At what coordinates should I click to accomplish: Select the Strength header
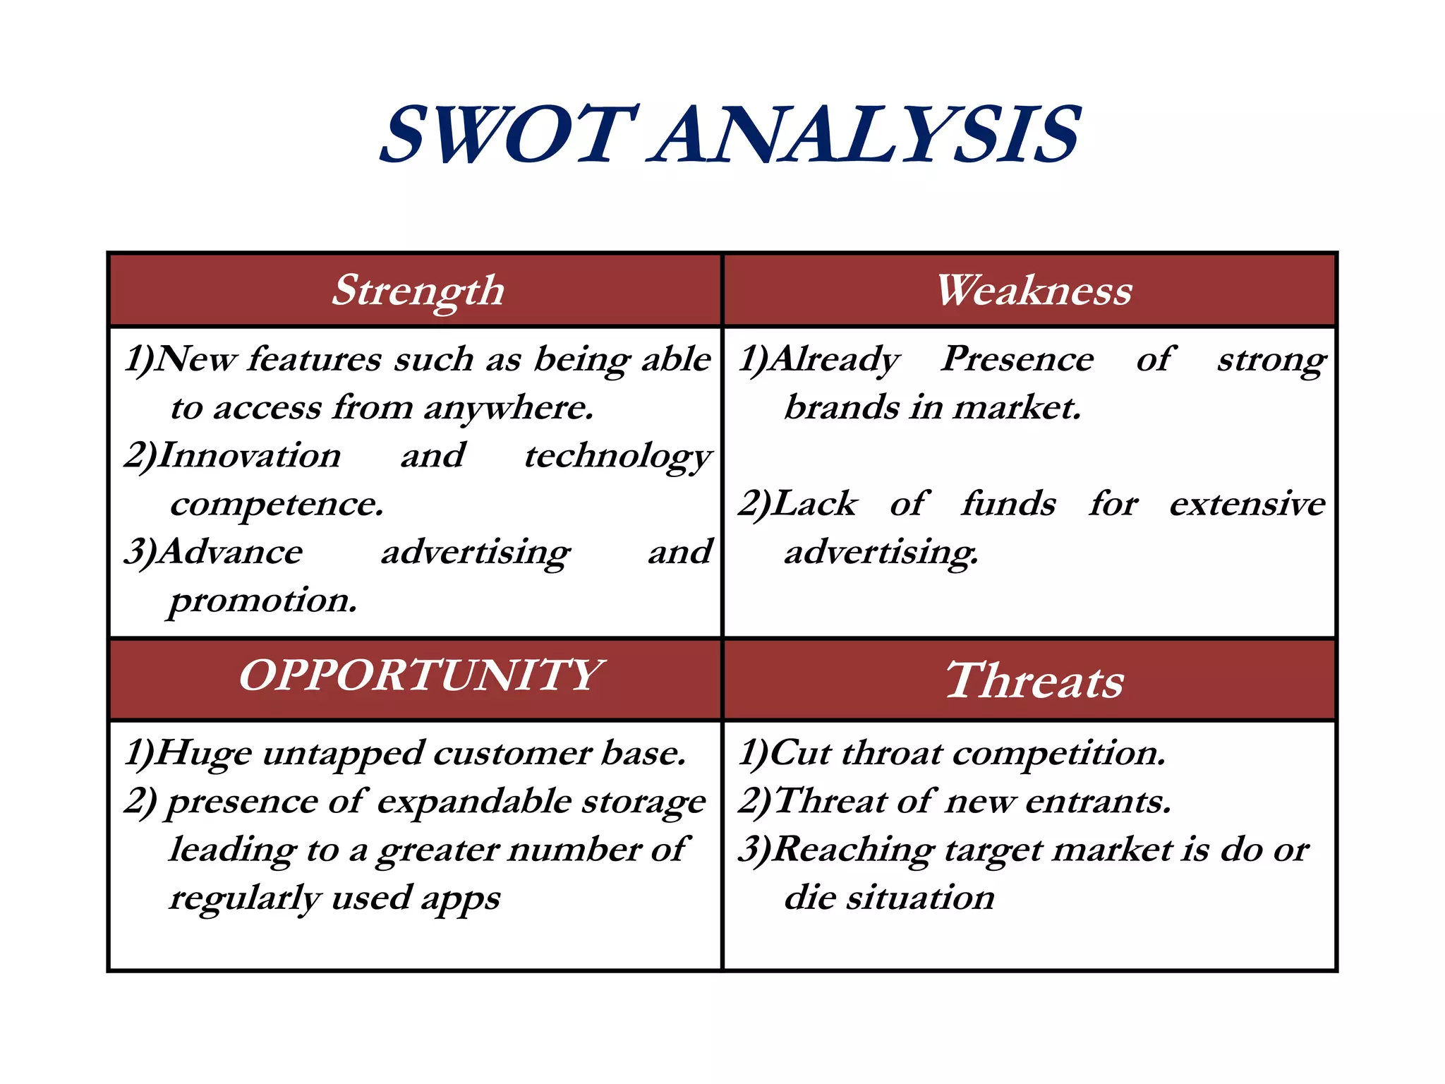click(418, 290)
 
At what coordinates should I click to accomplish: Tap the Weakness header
click(1034, 290)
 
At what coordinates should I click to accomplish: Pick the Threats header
click(1034, 681)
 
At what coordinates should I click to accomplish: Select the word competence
click(277, 504)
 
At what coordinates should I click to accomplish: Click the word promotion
click(263, 601)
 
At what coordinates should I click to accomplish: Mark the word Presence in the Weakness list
click(1018, 359)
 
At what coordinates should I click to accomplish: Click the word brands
click(841, 408)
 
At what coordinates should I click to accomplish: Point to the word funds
click(1009, 504)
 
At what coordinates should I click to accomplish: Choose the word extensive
click(1247, 504)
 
